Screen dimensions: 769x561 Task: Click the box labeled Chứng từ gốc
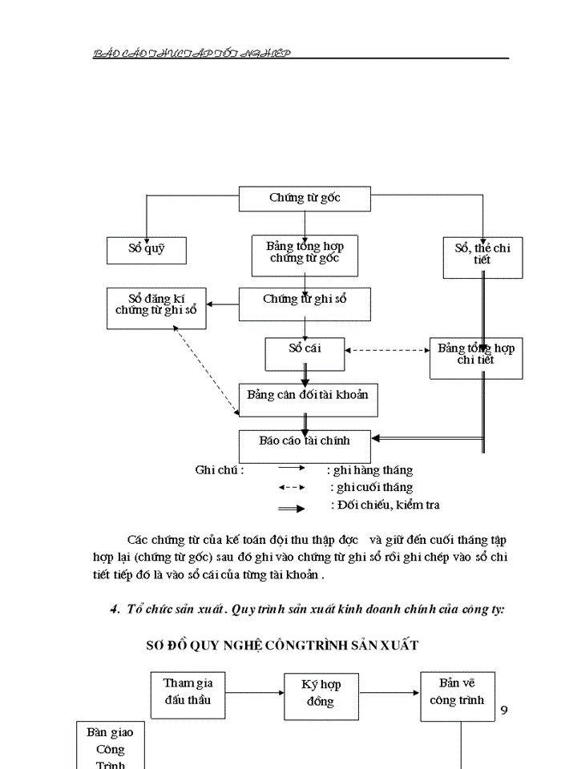coord(305,199)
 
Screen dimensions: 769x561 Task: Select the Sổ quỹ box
coord(147,250)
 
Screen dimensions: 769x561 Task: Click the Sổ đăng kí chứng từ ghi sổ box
coord(155,308)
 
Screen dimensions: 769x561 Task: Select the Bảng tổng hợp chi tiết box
coord(476,357)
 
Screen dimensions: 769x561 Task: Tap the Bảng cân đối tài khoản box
coord(308,399)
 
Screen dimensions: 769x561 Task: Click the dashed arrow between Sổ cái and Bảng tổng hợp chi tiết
coord(387,350)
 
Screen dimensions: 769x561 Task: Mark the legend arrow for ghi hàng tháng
coord(291,470)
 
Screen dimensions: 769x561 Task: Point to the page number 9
coord(504,711)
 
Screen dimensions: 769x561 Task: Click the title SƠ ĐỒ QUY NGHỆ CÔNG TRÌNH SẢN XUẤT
coord(282,645)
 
